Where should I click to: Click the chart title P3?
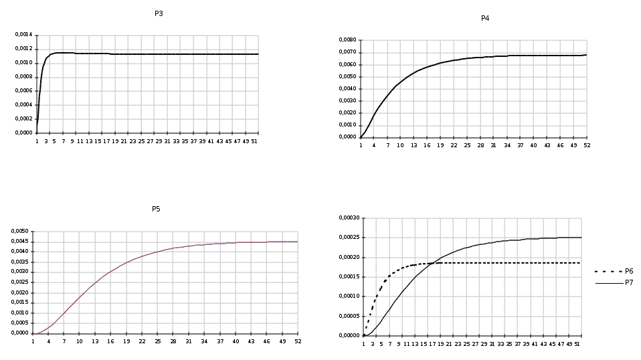pyautogui.click(x=159, y=13)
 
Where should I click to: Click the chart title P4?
pyautogui.click(x=485, y=18)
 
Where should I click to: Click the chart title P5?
pyautogui.click(x=156, y=209)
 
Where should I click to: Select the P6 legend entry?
pyautogui.click(x=629, y=271)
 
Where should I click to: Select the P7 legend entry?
pyautogui.click(x=629, y=282)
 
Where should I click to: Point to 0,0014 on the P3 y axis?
pyautogui.click(x=24, y=35)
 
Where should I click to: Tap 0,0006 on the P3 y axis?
pyautogui.click(x=24, y=90)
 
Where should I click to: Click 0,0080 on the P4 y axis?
pyautogui.click(x=347, y=40)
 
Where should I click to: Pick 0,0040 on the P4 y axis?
pyautogui.click(x=347, y=88)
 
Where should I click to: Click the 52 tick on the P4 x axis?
pyautogui.click(x=587, y=145)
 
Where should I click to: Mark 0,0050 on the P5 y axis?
pyautogui.click(x=20, y=232)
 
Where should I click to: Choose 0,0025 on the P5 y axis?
pyautogui.click(x=20, y=282)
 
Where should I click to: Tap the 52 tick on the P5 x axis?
pyautogui.click(x=298, y=341)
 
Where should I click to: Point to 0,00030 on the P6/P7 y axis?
pyautogui.click(x=350, y=218)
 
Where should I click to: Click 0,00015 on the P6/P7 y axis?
pyautogui.click(x=350, y=276)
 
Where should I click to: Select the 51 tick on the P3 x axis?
pyautogui.click(x=254, y=141)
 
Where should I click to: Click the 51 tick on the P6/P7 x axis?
pyautogui.click(x=577, y=343)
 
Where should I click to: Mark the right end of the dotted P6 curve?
pyautogui.click(x=581, y=263)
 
